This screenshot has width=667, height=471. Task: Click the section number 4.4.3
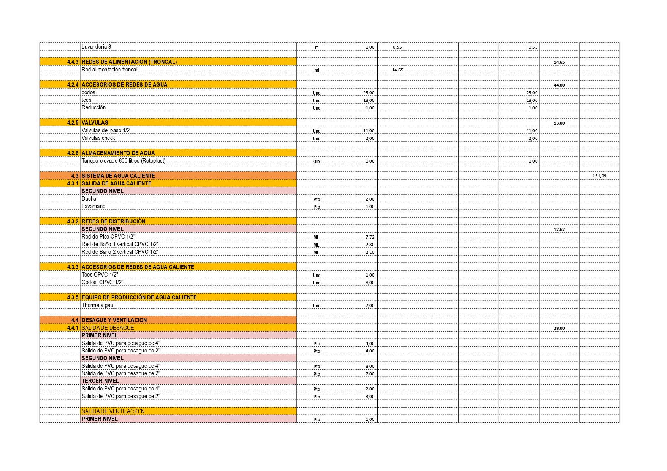(73, 62)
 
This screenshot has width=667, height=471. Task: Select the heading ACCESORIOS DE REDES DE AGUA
(124, 85)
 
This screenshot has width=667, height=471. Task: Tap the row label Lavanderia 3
(96, 47)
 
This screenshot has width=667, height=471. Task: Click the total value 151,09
(599, 176)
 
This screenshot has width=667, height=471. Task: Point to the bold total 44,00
(559, 85)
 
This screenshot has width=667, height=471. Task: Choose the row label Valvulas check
(98, 138)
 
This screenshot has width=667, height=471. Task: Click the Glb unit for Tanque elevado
(316, 161)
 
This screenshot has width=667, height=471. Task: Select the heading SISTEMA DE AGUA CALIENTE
(118, 176)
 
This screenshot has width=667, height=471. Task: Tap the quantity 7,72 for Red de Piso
(369, 237)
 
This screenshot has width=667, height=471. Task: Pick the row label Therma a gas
(97, 305)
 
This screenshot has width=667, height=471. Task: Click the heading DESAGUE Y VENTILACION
(114, 320)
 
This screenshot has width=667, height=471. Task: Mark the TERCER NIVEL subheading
(100, 381)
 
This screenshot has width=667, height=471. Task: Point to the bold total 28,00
(559, 328)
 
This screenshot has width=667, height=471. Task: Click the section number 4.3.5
(73, 297)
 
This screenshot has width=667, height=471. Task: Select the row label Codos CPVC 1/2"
(102, 282)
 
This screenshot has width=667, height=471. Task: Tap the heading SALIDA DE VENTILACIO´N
(113, 411)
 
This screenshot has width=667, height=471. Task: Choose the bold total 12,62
(559, 229)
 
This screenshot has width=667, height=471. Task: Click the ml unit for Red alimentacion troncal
(317, 70)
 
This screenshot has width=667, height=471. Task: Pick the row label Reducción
(93, 107)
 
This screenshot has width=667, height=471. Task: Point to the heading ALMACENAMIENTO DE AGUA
(118, 153)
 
